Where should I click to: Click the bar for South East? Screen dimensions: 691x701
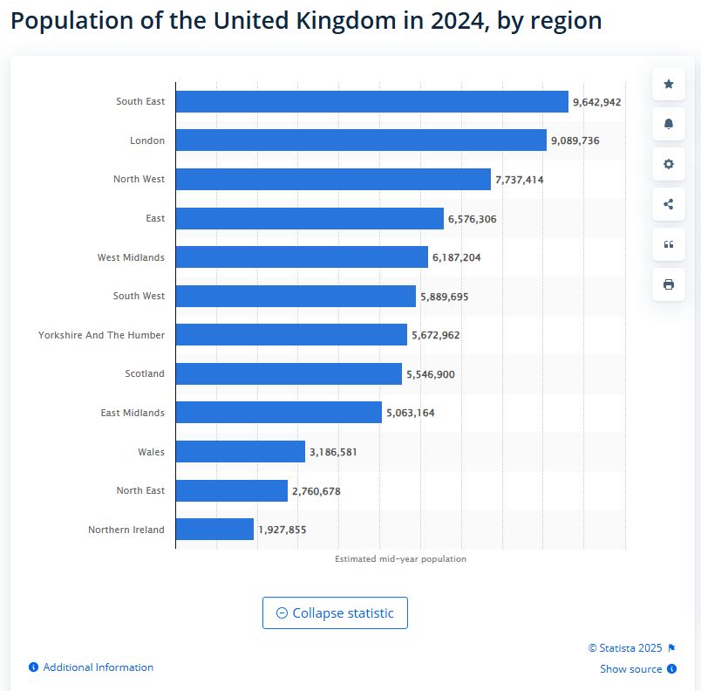click(371, 102)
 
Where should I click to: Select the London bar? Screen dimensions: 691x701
click(361, 140)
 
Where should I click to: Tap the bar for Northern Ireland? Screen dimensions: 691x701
click(214, 530)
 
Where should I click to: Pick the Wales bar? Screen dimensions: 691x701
click(240, 452)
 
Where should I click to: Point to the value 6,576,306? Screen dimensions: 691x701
click(472, 219)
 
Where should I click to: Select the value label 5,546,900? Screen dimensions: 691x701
click(430, 374)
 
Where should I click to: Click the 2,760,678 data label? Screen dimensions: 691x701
click(316, 491)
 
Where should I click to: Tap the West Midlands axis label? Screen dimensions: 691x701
click(131, 257)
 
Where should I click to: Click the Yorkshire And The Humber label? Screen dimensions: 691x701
click(101, 335)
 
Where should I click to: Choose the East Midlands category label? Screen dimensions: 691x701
click(133, 413)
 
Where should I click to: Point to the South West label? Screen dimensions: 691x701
click(139, 296)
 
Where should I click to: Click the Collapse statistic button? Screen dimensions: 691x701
click(335, 613)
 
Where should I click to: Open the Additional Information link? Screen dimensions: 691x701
click(98, 667)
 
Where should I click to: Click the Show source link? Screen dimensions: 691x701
click(631, 669)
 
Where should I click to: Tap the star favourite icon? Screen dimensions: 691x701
click(669, 84)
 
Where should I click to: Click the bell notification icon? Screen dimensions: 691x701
click(669, 124)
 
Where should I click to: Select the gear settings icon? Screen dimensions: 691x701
click(669, 164)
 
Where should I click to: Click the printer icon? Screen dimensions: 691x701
click(669, 284)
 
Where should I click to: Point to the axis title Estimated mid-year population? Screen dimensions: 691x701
click(400, 559)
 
